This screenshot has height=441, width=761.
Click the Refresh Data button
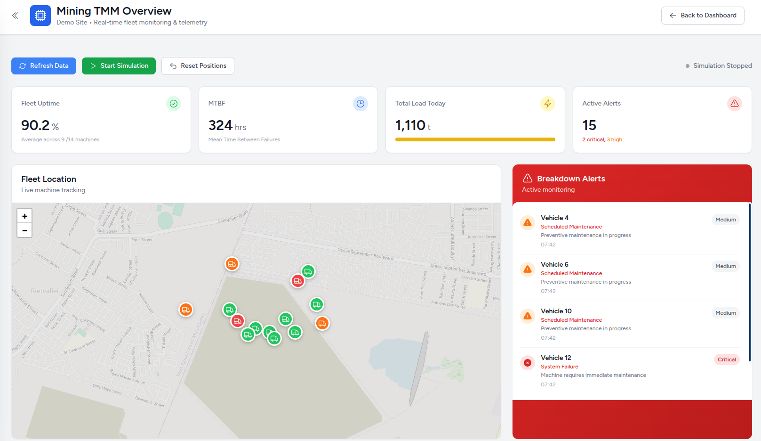pos(44,66)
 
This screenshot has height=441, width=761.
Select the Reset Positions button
pos(198,66)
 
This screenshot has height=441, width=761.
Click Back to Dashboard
pos(702,16)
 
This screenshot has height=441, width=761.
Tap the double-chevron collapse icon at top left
pos(15,16)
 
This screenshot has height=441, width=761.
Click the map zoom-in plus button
pos(24,216)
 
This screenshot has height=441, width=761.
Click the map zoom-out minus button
pos(24,230)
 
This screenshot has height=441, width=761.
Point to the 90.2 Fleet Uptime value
pos(35,125)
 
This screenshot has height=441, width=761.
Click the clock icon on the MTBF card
pos(360,104)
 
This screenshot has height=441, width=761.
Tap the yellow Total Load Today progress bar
pos(475,139)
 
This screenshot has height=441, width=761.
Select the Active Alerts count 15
pos(589,125)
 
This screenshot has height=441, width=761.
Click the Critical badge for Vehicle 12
pos(726,359)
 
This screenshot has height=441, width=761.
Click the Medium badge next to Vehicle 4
pos(725,220)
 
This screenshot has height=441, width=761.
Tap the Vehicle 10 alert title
pos(556,311)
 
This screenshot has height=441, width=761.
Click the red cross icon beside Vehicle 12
pos(528,363)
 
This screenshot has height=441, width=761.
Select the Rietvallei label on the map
pos(45,291)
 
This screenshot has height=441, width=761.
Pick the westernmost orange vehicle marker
pos(186,310)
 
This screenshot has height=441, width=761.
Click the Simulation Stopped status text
pos(722,66)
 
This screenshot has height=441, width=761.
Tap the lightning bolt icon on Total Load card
pos(547,104)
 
